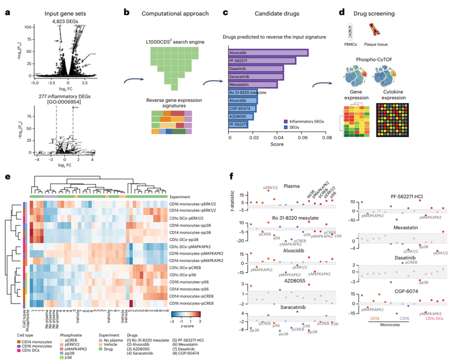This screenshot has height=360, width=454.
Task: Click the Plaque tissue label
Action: pos(379,44)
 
